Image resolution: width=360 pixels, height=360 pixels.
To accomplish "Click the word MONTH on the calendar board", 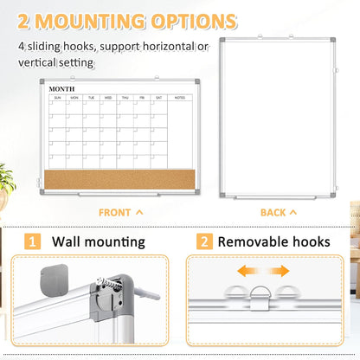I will [61, 88].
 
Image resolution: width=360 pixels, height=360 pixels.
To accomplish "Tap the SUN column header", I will [58, 98].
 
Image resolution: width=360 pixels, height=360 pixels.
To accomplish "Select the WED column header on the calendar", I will [108, 98].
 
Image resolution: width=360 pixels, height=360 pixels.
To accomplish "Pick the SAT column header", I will [157, 98].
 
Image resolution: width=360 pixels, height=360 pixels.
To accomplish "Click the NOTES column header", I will [180, 98].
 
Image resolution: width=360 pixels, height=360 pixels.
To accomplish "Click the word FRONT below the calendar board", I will [115, 212].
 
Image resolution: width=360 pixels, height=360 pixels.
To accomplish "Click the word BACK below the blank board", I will [273, 212].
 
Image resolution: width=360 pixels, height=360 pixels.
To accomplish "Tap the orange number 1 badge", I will [32, 242].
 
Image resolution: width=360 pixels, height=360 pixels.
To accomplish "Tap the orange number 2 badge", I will [205, 242].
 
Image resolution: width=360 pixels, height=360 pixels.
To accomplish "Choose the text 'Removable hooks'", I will [274, 242].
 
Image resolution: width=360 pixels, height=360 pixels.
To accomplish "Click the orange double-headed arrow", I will [264, 272].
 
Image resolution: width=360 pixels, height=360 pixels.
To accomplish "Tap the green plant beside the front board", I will [7, 179].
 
